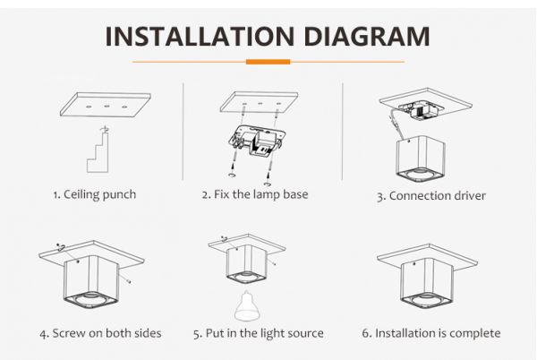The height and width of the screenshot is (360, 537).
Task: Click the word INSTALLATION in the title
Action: click(200, 36)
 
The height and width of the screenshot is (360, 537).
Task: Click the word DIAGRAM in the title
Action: click(367, 36)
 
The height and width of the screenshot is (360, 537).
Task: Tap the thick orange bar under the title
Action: click(268, 62)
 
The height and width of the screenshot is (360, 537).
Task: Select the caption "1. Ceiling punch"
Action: click(95, 194)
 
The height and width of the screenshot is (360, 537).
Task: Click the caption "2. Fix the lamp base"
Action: click(255, 194)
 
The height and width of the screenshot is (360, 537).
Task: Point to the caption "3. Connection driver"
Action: click(431, 196)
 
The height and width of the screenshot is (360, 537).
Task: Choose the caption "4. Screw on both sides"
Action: click(100, 333)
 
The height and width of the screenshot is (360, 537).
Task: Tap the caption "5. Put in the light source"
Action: click(259, 333)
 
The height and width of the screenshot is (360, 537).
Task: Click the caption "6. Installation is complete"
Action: click(431, 333)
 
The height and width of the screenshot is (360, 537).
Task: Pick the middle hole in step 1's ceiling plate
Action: click(107, 107)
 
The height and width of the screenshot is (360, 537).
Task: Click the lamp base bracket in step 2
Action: click(258, 140)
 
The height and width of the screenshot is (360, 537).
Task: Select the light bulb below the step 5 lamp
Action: click(245, 305)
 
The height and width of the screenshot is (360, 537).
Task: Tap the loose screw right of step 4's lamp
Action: click(127, 281)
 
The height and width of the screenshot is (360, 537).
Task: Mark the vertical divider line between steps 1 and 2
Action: click(183, 131)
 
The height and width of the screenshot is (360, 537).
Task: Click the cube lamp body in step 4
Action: click(90, 283)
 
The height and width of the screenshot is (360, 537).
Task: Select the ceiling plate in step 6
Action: click(427, 258)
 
